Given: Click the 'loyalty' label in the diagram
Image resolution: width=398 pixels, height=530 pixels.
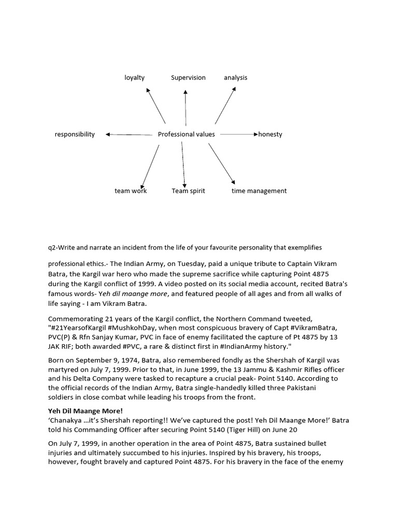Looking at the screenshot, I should pos(134,78).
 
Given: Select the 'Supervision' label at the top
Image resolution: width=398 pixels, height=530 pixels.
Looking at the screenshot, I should pos(188,78).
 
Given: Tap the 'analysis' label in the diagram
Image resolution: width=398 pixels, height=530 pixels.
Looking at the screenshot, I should pos(235,78).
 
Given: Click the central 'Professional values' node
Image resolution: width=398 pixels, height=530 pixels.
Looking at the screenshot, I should pos(186,135).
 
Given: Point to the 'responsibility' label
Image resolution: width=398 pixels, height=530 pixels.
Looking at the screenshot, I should pos(75,135).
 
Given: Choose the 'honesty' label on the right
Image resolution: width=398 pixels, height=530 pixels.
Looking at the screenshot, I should pos(270,135).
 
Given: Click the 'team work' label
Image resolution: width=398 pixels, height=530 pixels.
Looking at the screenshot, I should pos(131,191).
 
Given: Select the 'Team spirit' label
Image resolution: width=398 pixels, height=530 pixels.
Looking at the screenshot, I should pos(188,191).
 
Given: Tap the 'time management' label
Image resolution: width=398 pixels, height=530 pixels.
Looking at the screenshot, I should pos(259,191).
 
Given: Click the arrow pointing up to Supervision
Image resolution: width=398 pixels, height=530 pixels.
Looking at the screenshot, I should pos(186,106).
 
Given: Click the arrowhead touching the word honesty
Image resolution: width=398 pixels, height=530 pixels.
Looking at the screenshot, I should pos(255,135).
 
